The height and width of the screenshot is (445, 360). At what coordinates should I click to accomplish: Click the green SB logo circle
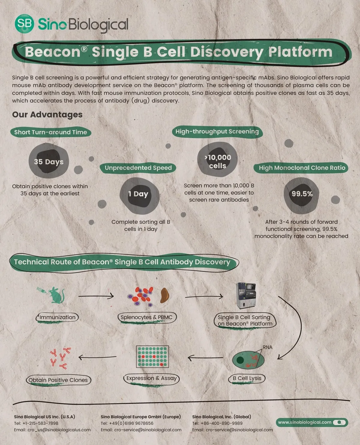coord(24,23)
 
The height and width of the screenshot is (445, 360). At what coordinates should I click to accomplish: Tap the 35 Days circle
coord(49,161)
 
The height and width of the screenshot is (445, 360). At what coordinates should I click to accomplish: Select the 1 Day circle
coord(139,194)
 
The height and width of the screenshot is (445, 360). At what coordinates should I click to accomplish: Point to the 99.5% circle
coord(302,194)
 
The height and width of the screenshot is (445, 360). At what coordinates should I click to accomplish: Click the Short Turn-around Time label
coord(50,132)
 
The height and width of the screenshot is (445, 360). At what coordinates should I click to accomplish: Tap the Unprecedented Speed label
coord(138,168)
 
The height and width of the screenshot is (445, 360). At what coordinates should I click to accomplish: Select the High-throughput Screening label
coord(217,132)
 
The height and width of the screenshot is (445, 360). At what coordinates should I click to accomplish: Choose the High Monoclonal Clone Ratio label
coord(302,168)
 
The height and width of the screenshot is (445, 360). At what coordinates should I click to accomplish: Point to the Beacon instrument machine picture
coord(246,295)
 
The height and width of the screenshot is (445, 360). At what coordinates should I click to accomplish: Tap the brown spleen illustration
coord(165,295)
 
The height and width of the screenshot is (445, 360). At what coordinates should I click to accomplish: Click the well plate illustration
coord(152,357)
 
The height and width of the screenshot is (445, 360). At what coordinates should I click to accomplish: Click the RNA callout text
coord(267,347)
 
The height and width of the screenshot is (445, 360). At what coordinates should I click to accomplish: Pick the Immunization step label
coord(57,317)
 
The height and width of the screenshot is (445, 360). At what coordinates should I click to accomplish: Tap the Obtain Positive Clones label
coord(58,380)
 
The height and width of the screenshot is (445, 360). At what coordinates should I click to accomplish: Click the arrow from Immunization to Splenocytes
coord(96,296)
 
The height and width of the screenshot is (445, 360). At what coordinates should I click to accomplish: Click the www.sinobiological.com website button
coord(312,422)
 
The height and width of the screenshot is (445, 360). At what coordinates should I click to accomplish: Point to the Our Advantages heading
coord(47,114)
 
